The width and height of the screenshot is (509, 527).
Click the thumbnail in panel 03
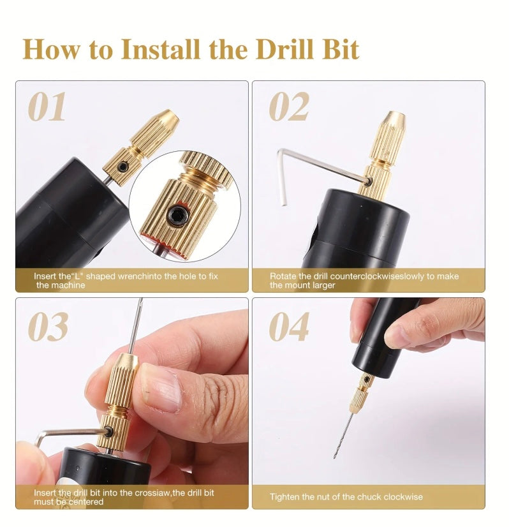click(162, 390)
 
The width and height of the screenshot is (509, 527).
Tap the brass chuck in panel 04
click(360, 392)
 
